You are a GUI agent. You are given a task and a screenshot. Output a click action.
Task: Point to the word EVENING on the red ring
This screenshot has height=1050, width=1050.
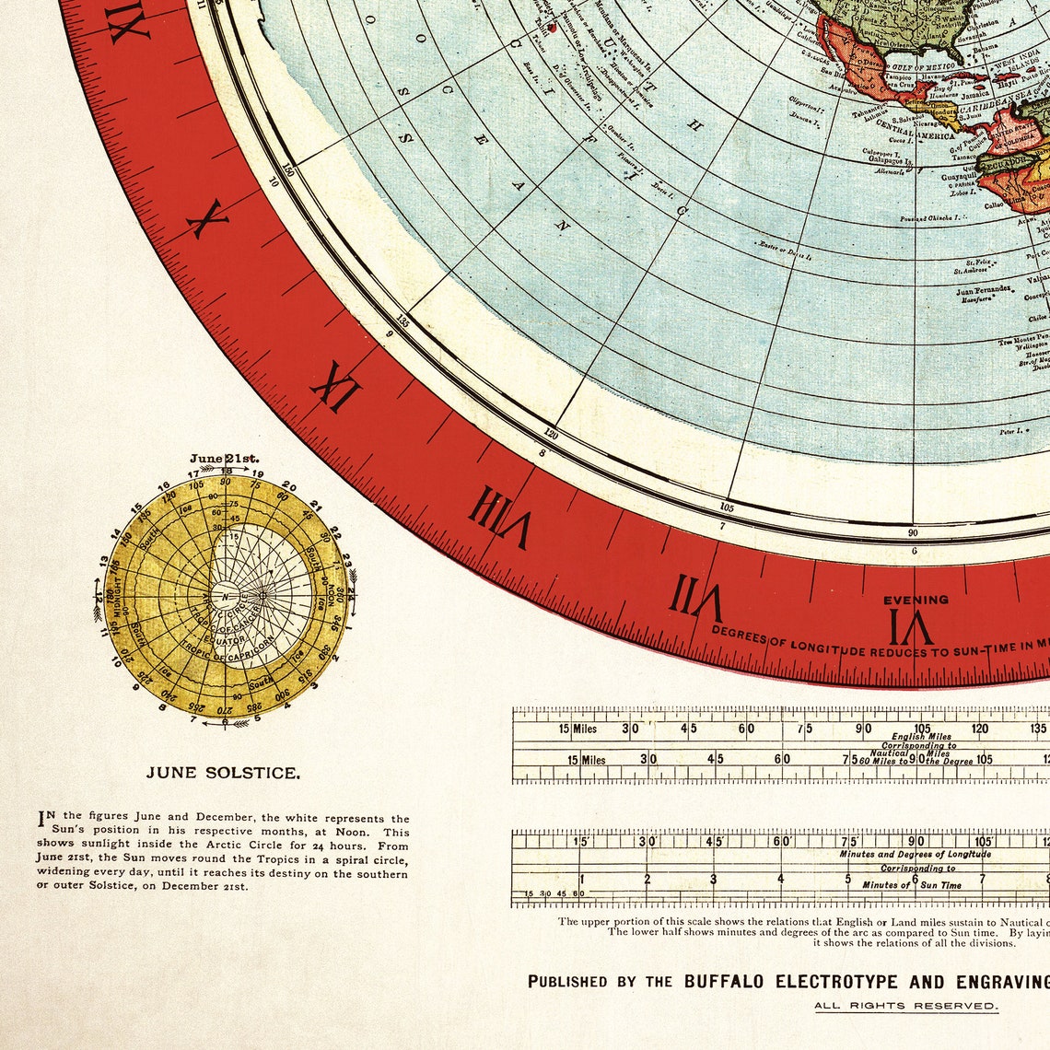[916, 600]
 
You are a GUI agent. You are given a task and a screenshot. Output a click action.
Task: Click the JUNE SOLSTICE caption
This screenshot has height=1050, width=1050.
[222, 773]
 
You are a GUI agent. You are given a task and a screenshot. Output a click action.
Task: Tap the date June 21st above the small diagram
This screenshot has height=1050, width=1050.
[225, 458]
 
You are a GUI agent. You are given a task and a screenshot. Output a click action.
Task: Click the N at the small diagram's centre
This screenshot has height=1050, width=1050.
[225, 596]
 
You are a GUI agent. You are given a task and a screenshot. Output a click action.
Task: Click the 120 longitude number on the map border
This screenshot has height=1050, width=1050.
[551, 433]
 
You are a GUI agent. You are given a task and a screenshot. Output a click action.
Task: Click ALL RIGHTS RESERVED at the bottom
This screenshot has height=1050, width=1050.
[905, 1005]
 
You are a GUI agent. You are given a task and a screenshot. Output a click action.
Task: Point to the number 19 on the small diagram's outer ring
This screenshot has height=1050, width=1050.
[257, 473]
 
